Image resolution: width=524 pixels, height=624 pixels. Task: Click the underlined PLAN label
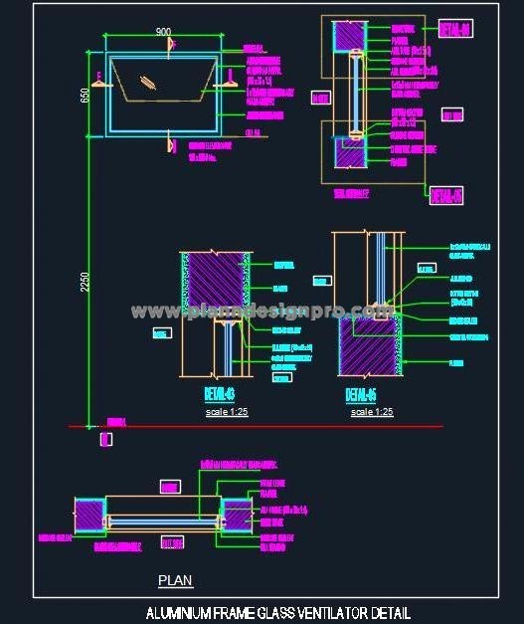pos(176,580)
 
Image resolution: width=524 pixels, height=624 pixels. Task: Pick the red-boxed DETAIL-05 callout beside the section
pos(444,194)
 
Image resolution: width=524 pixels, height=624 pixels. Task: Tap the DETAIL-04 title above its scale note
pos(215,392)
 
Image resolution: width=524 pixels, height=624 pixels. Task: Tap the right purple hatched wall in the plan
pos(236,516)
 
